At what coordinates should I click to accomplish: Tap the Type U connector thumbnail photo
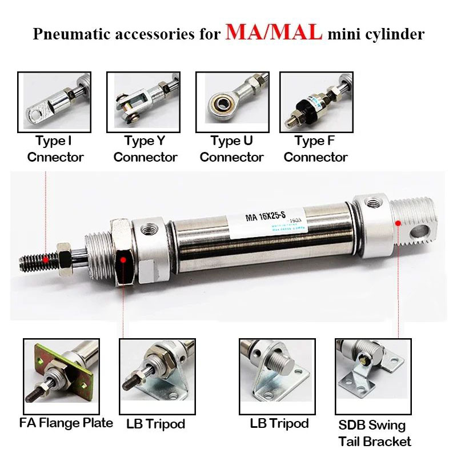coord(231,102)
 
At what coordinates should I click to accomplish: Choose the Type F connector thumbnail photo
coord(316,102)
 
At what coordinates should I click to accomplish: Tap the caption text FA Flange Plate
coord(66,423)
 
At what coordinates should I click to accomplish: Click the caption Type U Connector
coord(231,149)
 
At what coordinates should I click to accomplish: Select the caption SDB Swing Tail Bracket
coord(375,433)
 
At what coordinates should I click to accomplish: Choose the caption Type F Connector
coord(316,149)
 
